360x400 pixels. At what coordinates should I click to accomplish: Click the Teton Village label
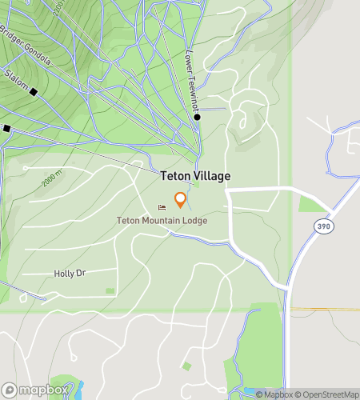(x=195, y=176)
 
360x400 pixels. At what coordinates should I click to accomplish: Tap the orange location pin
(x=181, y=200)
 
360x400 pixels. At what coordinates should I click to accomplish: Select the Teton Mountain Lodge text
(x=162, y=220)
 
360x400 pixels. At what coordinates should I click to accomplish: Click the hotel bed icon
(x=162, y=208)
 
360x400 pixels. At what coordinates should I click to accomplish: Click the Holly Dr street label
(x=70, y=274)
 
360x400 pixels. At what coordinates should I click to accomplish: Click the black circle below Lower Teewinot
(x=198, y=118)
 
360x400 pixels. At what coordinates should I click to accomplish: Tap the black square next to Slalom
(x=34, y=92)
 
